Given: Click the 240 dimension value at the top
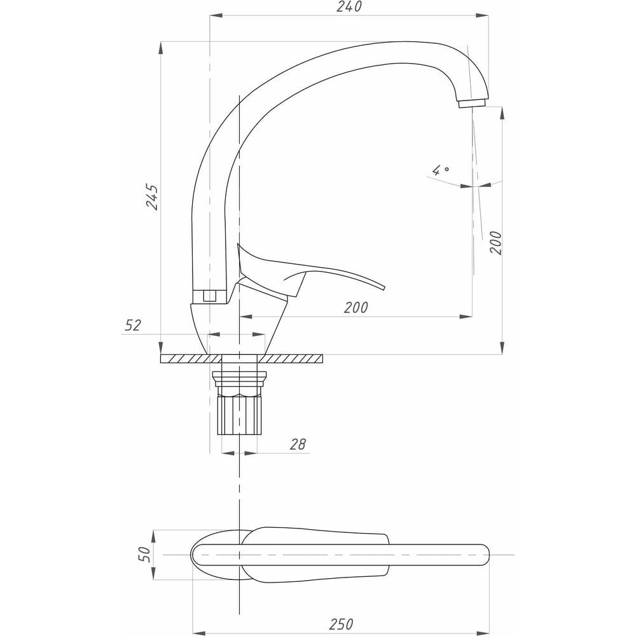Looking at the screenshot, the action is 349,7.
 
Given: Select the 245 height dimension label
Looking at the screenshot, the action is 153,197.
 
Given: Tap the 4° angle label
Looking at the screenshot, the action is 441,170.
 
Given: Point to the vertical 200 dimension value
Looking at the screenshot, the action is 495,243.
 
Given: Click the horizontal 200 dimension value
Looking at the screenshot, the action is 356,308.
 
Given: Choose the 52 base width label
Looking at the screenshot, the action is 133,325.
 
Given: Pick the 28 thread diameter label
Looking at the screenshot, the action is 298,445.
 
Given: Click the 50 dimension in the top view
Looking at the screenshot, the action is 145,554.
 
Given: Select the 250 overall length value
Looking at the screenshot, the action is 341,624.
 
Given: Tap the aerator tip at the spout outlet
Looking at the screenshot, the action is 472,104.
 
